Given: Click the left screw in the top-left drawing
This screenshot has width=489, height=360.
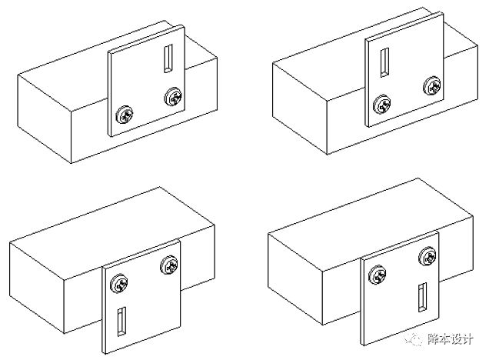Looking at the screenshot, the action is [x=125, y=115].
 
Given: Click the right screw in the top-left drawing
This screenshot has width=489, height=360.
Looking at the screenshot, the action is [x=173, y=97].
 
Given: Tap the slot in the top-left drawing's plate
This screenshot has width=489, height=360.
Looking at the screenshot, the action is [x=168, y=58].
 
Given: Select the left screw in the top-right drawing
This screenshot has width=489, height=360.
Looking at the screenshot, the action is [x=382, y=105].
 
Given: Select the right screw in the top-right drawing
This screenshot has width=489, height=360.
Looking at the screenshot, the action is [x=432, y=85].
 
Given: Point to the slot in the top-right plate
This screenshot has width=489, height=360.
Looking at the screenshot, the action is [x=384, y=62].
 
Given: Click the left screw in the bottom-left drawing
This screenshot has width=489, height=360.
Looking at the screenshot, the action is [x=119, y=283].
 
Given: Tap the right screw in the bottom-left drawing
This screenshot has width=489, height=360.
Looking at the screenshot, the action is [x=169, y=265].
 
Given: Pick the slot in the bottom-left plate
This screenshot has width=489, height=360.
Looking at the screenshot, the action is [x=121, y=322].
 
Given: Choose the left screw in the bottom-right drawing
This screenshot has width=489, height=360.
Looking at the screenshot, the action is [x=378, y=275].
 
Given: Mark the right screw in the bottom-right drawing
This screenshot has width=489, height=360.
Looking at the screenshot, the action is [x=427, y=256].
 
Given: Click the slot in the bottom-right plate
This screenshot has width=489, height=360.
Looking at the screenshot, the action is [x=423, y=297].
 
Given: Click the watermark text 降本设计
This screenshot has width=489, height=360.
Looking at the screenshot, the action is [x=451, y=339].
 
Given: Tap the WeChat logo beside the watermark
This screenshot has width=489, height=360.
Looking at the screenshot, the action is [x=414, y=339].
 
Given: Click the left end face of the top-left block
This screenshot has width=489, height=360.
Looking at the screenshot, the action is [x=45, y=118].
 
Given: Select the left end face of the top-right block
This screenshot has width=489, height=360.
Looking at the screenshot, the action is [x=300, y=108].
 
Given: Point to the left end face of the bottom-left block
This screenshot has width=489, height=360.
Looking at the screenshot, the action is [x=36, y=288].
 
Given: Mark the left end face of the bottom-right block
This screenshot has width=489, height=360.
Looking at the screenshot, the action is [x=294, y=279].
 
